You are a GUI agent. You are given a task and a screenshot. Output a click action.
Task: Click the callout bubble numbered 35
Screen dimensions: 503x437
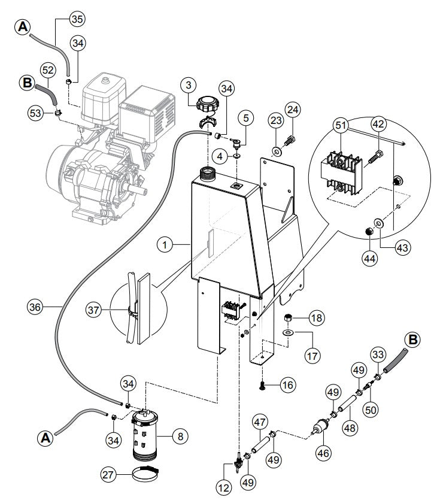[77, 19]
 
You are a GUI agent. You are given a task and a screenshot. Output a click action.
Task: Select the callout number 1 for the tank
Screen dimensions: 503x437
[166, 244]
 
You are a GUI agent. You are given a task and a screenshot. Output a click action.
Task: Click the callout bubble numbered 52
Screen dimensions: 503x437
[48, 71]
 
